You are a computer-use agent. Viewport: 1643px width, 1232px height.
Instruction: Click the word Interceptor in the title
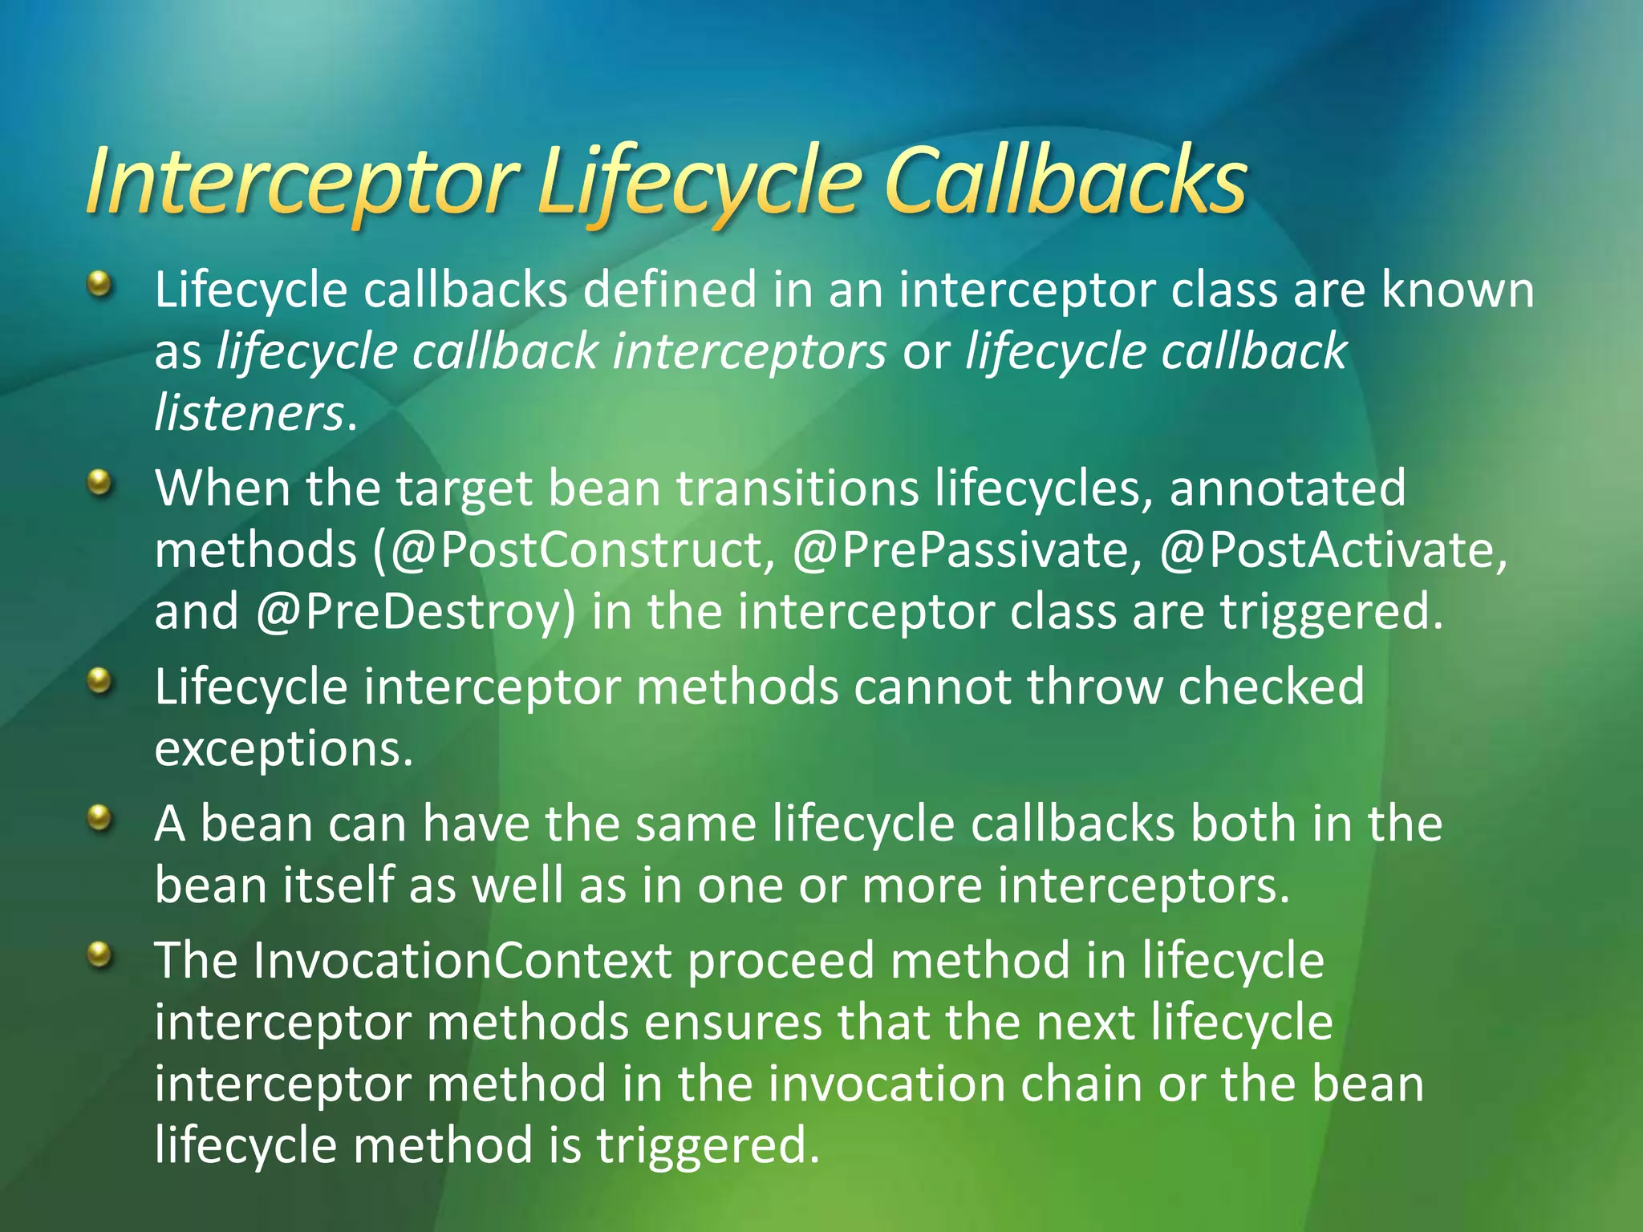pos(302,183)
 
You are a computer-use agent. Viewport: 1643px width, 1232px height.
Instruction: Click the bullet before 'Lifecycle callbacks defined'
pos(99,283)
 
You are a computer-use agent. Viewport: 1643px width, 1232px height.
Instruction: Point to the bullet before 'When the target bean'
pos(99,482)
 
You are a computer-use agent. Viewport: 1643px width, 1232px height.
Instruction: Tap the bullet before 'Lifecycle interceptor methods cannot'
pos(99,681)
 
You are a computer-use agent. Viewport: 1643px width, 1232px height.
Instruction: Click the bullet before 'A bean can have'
pos(99,818)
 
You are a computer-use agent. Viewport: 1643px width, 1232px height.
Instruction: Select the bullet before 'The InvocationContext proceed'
pos(99,954)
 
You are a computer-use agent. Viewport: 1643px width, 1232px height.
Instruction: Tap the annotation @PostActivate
pos(1327,550)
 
